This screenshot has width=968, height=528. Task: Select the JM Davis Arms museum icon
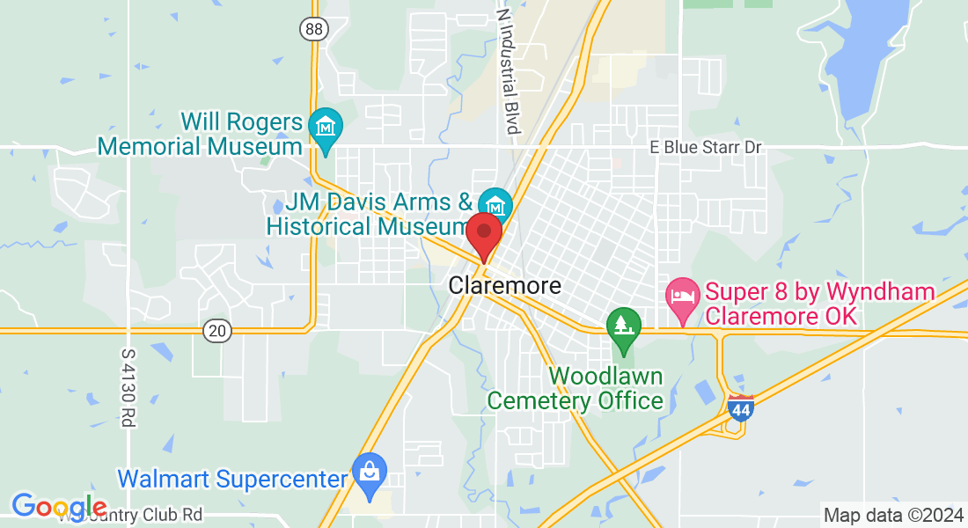[x=495, y=205]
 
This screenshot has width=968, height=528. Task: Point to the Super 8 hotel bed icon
[x=682, y=294]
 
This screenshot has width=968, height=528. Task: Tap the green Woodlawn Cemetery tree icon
[x=624, y=326]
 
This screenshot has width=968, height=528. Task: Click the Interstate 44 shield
[x=741, y=407]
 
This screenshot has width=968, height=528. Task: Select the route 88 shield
[x=314, y=29]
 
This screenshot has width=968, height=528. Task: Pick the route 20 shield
[x=216, y=331]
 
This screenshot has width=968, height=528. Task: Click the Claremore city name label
[x=504, y=286]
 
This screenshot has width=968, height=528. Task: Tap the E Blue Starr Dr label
[x=705, y=147]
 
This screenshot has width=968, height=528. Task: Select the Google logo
[x=59, y=507]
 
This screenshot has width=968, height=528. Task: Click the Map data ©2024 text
[x=892, y=515]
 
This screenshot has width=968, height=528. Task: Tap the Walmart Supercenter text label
[x=232, y=480]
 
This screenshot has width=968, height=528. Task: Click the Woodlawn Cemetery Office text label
[x=575, y=389]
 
